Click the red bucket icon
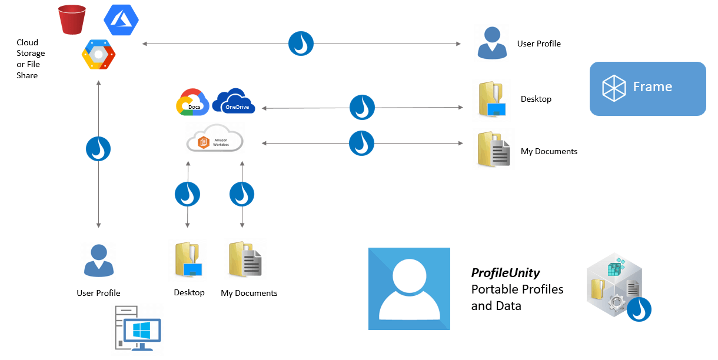coord(72,19)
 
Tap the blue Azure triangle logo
coord(121,20)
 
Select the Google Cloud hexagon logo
coord(99,55)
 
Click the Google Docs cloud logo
coord(192,102)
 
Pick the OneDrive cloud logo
coord(234,101)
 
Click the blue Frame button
coord(647,88)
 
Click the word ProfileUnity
coord(506,273)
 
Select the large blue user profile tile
coord(409,288)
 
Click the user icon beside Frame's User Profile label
coord(492,43)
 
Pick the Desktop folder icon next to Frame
coord(493,99)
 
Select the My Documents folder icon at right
coord(494,150)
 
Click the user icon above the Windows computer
coord(98,260)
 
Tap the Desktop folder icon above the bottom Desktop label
coord(189,260)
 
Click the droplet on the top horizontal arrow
coord(301,44)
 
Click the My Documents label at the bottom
coord(249,293)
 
